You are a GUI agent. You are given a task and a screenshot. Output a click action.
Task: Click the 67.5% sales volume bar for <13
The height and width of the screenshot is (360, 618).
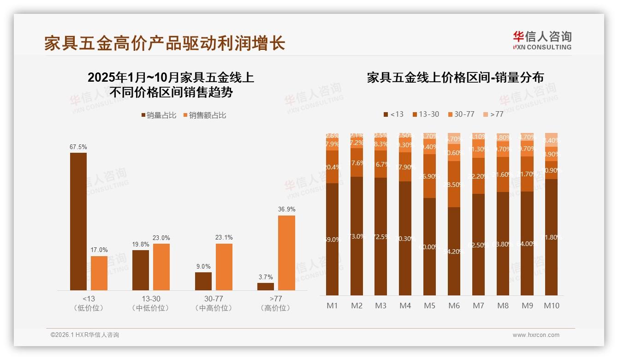pyautogui.click(x=78, y=222)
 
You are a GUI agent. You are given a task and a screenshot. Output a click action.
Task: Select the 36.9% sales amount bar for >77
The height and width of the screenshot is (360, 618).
pyautogui.click(x=286, y=253)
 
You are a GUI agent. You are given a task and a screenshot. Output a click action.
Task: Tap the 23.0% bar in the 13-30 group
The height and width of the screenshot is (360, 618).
pyautogui.click(x=161, y=267)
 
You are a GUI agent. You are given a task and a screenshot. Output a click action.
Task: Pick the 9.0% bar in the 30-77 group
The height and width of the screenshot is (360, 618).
pyautogui.click(x=203, y=281)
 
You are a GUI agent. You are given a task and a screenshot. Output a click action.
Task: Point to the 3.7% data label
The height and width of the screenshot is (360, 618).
pyautogui.click(x=266, y=277)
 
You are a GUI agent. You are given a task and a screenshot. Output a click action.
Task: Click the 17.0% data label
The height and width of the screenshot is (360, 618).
pyautogui.click(x=99, y=250)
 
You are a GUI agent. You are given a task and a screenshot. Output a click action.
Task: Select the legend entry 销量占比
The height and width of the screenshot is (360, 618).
pyautogui.click(x=158, y=115)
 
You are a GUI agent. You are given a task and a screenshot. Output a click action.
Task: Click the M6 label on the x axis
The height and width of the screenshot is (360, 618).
pyautogui.click(x=454, y=306)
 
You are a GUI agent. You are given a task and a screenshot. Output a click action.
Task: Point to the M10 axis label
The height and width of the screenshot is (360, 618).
pyautogui.click(x=551, y=306)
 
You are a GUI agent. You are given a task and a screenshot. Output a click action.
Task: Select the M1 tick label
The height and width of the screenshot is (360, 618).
pyautogui.click(x=332, y=306)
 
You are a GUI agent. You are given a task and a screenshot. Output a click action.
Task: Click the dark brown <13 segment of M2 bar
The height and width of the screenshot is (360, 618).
pyautogui.click(x=357, y=236)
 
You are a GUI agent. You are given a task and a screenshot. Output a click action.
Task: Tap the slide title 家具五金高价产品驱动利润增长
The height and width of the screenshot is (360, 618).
pyautogui.click(x=165, y=43)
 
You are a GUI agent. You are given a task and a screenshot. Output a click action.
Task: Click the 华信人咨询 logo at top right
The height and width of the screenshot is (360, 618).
pyautogui.click(x=542, y=40)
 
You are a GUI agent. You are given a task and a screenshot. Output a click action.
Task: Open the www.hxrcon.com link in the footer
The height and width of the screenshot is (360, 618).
pyautogui.click(x=536, y=335)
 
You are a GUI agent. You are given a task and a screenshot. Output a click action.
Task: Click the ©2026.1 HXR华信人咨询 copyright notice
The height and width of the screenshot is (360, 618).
pyautogui.click(x=85, y=335)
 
